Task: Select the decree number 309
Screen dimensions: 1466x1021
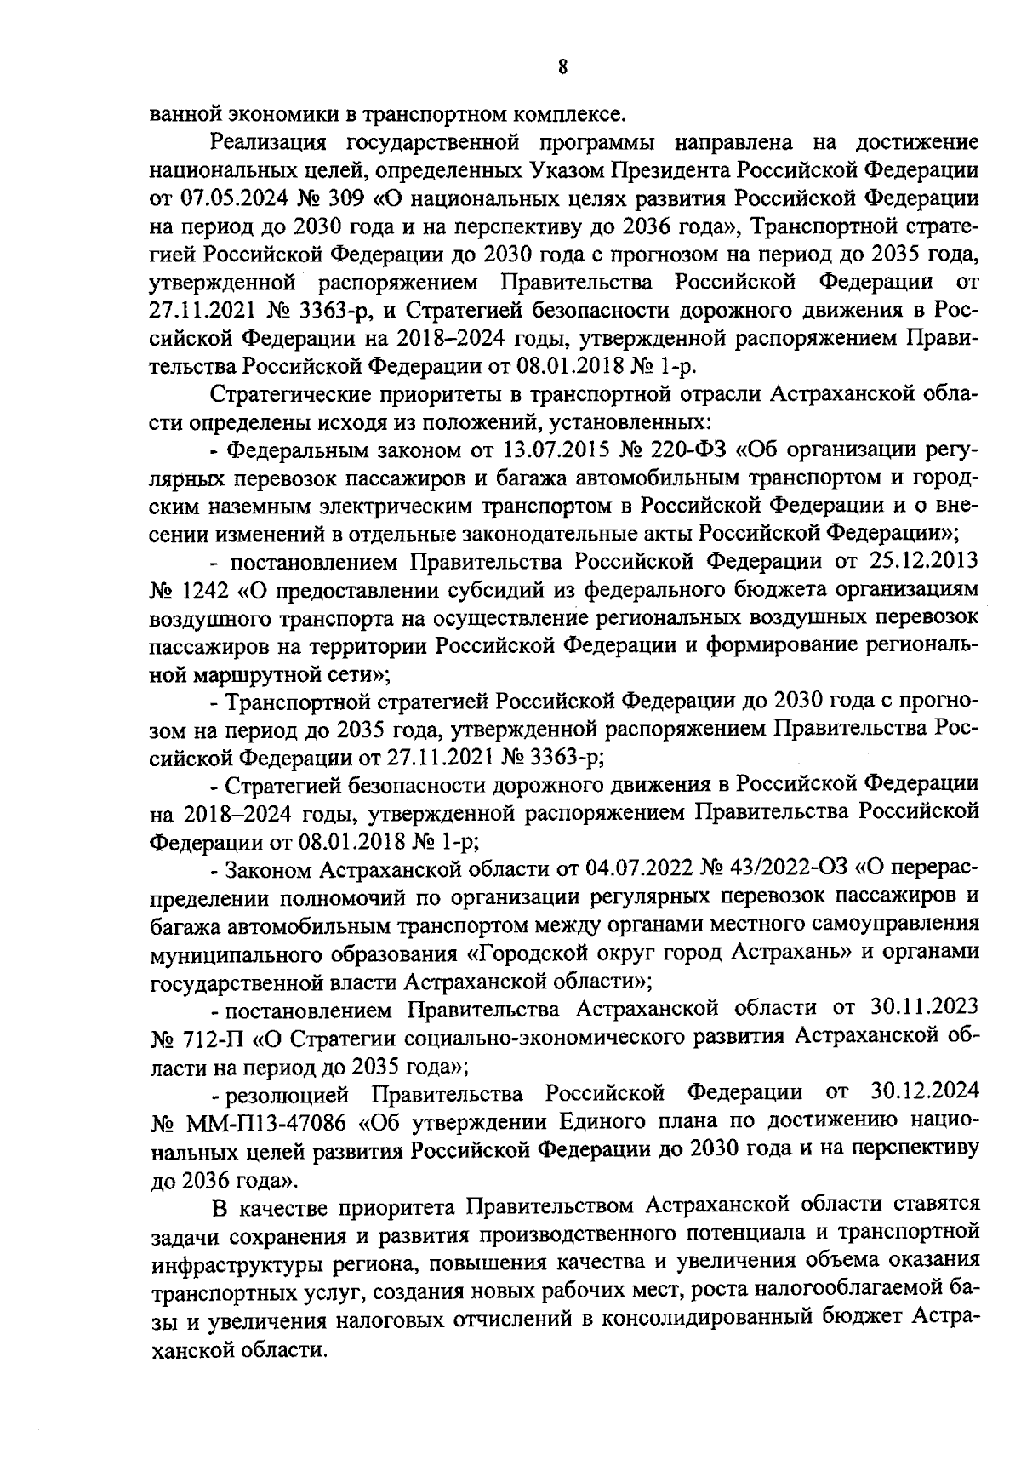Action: point(350,199)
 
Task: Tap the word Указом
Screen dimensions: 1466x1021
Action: point(561,171)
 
